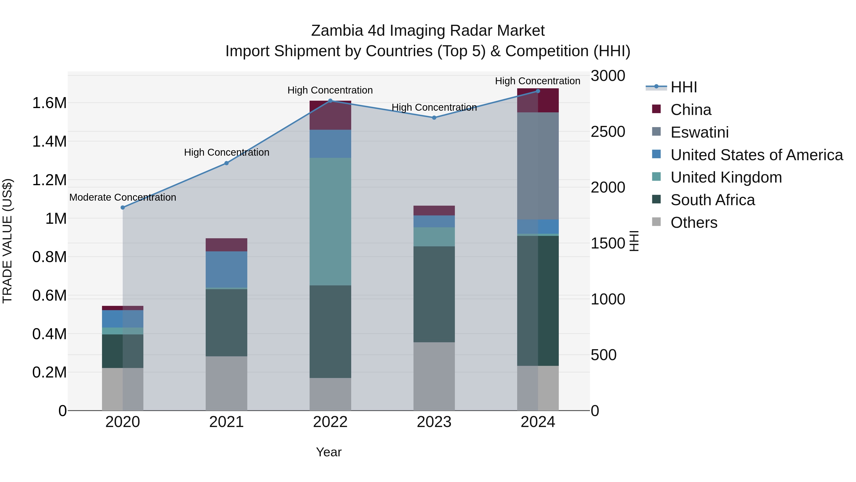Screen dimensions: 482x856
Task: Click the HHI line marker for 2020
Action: click(123, 208)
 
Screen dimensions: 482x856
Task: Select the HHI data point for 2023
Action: click(434, 118)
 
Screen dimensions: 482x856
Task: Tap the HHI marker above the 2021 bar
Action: click(227, 163)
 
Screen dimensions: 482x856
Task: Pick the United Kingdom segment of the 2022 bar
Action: click(330, 222)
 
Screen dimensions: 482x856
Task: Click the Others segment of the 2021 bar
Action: click(227, 383)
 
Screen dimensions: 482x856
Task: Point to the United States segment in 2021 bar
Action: click(227, 269)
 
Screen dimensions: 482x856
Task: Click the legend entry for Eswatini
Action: click(700, 132)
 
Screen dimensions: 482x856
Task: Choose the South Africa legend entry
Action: click(712, 200)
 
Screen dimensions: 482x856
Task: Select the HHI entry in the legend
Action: click(684, 87)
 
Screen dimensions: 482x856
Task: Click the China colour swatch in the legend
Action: click(656, 109)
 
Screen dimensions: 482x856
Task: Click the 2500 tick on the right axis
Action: click(608, 132)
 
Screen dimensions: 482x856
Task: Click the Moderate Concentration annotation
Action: click(123, 198)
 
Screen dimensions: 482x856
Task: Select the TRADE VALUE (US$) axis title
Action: click(7, 241)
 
